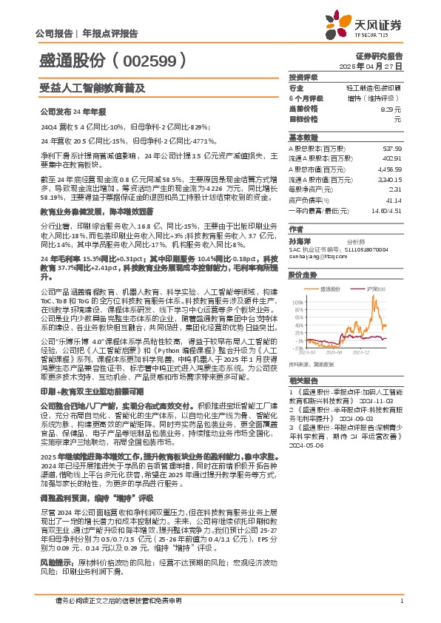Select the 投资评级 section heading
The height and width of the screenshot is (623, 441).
303,77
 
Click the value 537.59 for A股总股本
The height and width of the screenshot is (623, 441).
392,148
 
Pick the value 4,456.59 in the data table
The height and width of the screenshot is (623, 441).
391,169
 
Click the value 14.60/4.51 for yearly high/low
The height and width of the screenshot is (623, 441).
387,211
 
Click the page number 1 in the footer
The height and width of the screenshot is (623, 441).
401,601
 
